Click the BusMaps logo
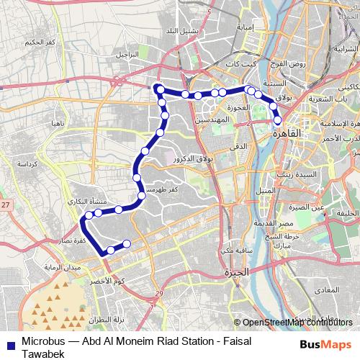tap(328, 344)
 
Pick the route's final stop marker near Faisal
tap(127, 244)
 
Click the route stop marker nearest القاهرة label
tap(277, 120)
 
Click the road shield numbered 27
tap(6, 207)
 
